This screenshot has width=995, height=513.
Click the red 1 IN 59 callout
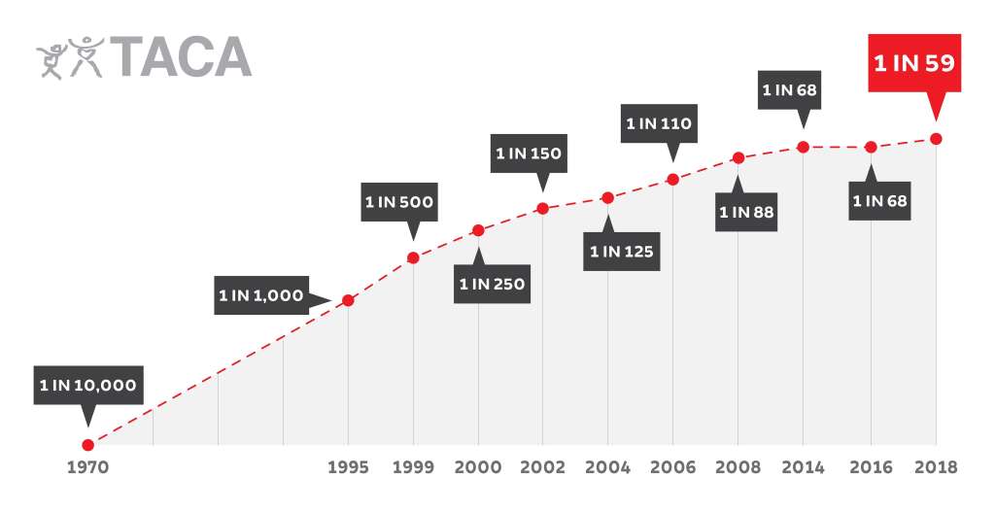[913, 64]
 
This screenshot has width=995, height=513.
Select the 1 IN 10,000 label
[87, 385]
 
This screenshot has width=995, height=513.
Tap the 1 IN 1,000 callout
[261, 296]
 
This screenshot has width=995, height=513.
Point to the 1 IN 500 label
[398, 203]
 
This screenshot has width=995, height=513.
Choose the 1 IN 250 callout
[492, 284]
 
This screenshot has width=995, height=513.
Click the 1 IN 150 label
[529, 153]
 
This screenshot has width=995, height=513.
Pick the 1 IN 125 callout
[622, 252]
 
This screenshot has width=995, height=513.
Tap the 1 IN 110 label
[658, 123]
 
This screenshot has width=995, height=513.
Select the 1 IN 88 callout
[746, 211]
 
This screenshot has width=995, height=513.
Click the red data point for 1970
[87, 445]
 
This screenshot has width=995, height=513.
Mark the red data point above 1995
[348, 299]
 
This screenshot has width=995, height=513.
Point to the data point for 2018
[936, 139]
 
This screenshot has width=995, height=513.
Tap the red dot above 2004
[607, 198]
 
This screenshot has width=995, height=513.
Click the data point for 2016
[871, 147]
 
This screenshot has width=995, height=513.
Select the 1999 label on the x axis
[413, 467]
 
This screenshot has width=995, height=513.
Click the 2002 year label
[543, 467]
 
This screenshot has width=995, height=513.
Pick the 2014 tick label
[803, 467]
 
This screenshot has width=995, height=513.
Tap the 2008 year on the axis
[738, 467]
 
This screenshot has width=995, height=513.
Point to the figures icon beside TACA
[69, 57]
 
